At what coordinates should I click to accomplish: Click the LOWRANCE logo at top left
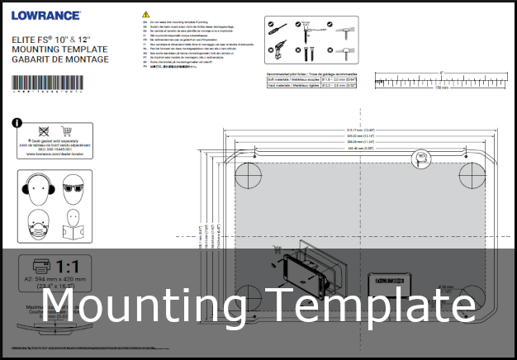[x=46, y=15]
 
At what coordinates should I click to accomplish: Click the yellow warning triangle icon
[x=146, y=14]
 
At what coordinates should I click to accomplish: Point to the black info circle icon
[x=17, y=123]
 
